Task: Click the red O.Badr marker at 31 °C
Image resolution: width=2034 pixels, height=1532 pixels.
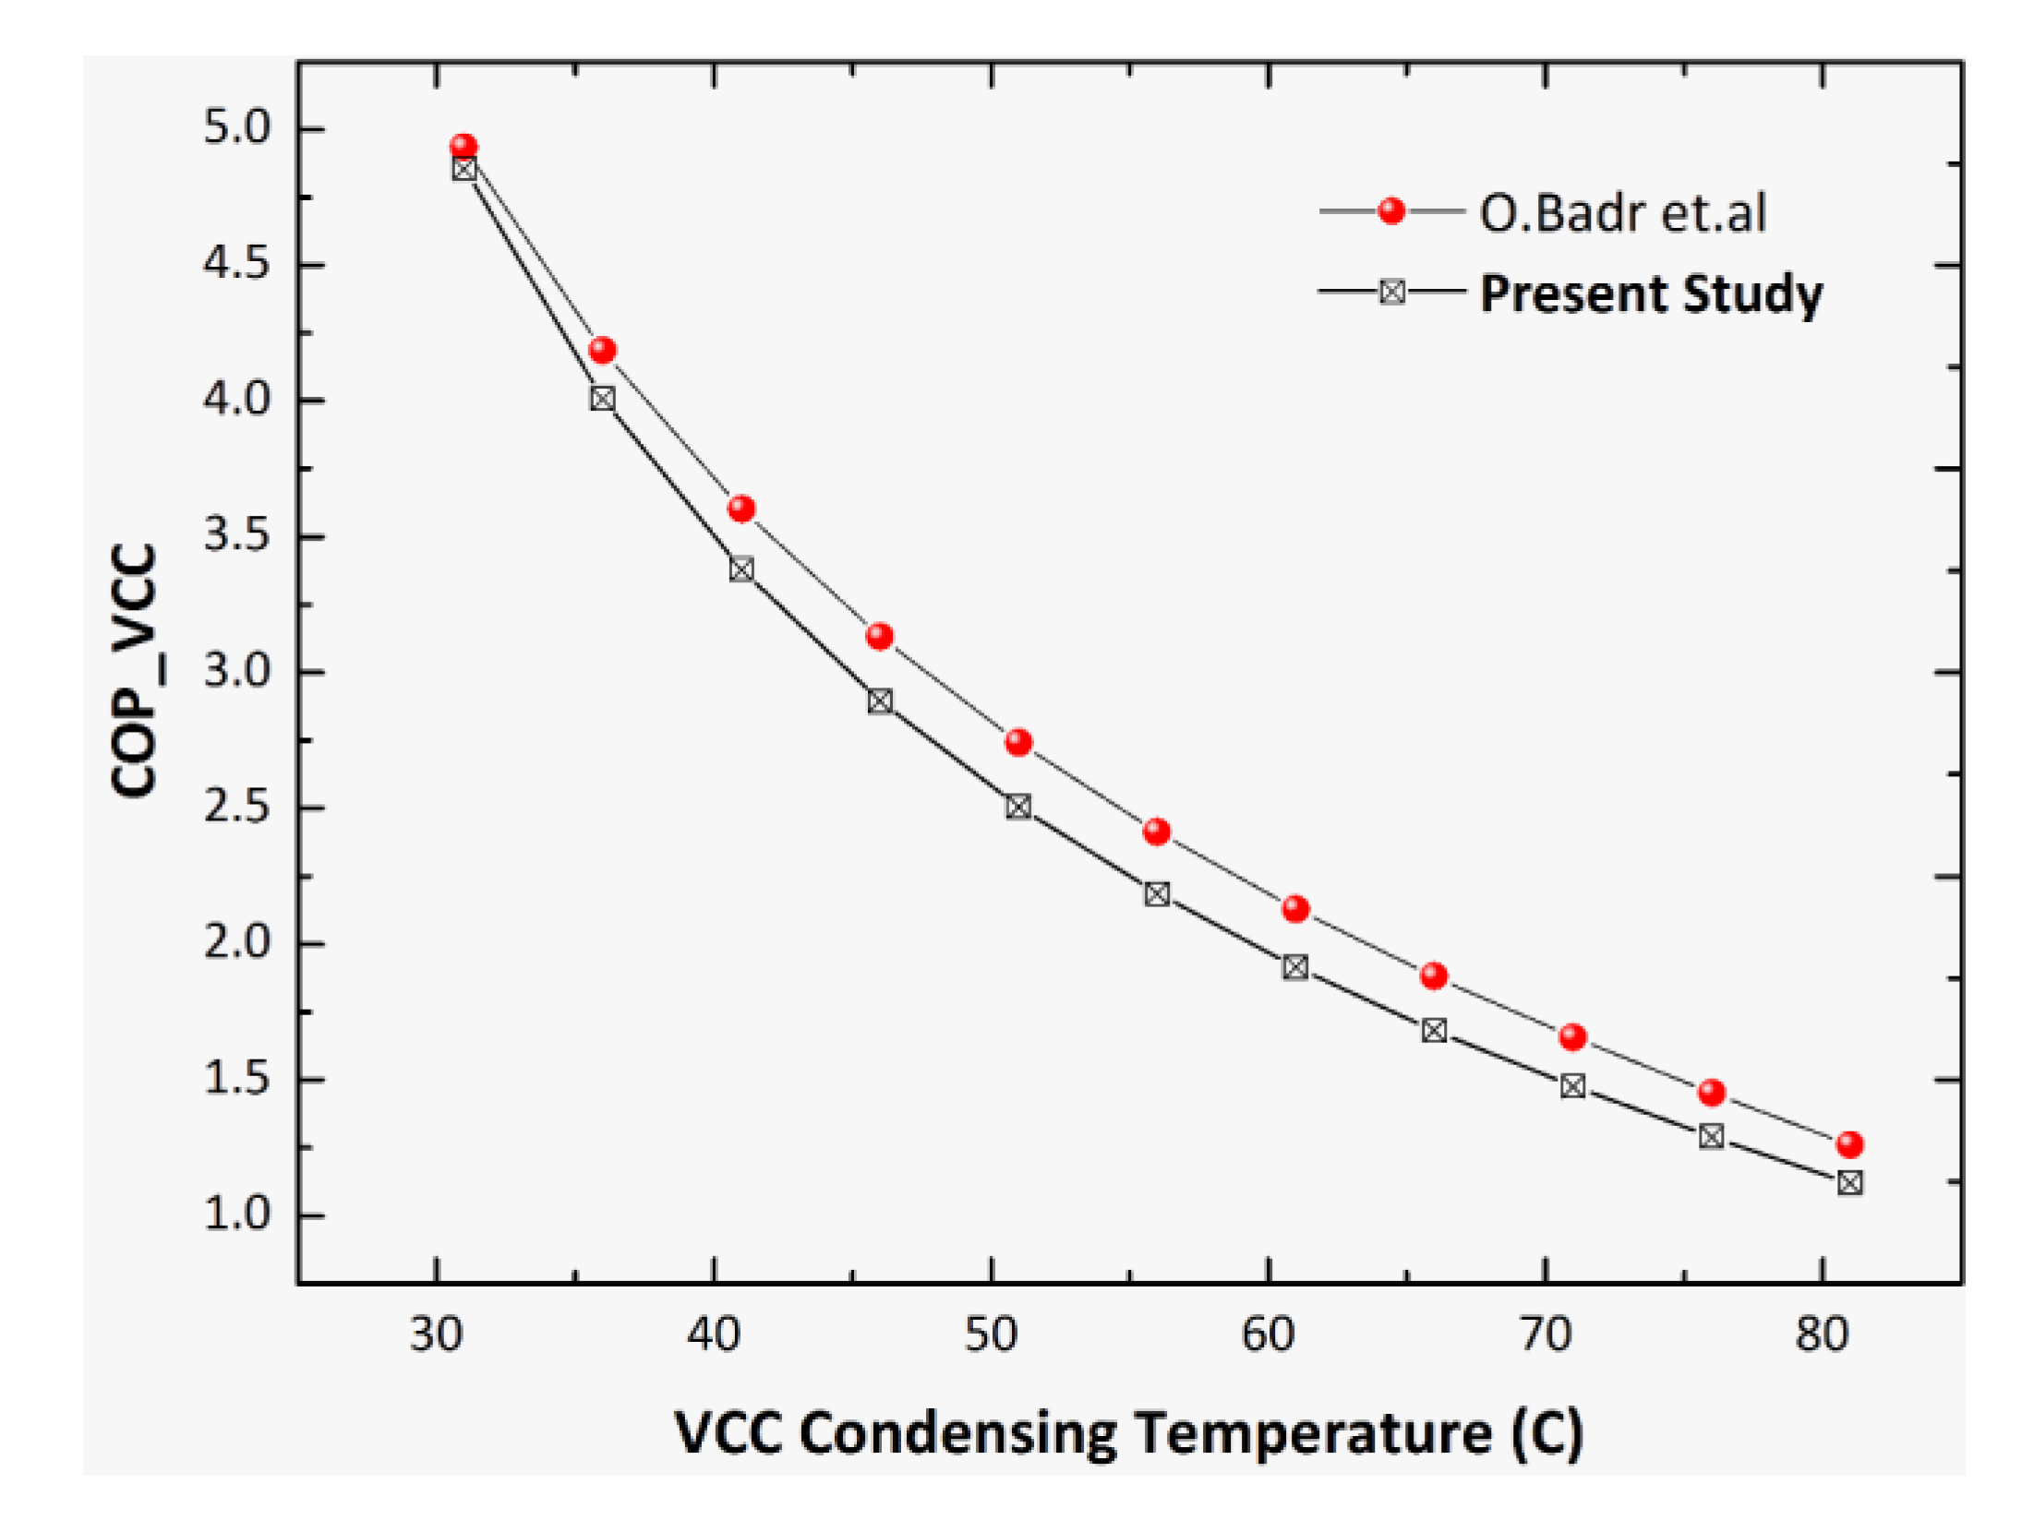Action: point(463,147)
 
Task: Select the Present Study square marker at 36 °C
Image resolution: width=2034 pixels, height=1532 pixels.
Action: point(602,399)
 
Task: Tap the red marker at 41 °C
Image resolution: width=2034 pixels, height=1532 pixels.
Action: point(740,509)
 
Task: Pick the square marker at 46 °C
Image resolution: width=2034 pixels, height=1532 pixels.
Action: point(879,701)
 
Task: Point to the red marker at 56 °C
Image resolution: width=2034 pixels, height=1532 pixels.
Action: point(1156,832)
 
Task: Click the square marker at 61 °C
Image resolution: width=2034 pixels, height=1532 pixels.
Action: point(1294,967)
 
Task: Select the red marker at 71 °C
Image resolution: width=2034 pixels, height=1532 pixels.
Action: point(1572,1037)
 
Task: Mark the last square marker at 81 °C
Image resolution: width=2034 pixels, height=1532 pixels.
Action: point(1849,1183)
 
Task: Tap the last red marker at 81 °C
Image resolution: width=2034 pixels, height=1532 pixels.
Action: point(1849,1144)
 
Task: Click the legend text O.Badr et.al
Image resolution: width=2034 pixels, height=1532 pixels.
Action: point(1622,213)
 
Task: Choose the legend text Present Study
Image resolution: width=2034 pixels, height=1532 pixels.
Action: point(1651,294)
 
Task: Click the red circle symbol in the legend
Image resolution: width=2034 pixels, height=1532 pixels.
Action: point(1390,211)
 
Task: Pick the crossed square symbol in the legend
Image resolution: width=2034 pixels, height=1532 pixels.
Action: point(1391,293)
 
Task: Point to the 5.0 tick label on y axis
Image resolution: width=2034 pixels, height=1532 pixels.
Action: point(237,127)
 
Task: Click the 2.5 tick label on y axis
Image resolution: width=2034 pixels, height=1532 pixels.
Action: point(237,808)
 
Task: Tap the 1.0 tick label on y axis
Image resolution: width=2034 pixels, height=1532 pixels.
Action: point(237,1214)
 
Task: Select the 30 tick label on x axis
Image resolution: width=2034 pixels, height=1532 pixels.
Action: point(436,1335)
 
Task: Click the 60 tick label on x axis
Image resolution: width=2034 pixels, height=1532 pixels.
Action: point(1267,1335)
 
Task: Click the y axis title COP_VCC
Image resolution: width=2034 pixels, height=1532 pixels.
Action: point(135,671)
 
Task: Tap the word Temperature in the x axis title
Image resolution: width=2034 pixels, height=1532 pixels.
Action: point(1312,1433)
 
